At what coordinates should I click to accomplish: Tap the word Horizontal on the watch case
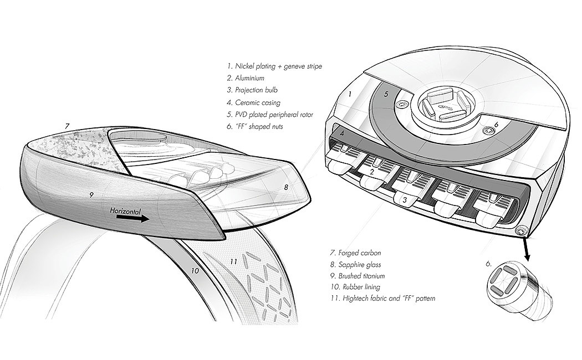[x=125, y=211]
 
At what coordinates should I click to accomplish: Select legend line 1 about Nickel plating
[x=275, y=66]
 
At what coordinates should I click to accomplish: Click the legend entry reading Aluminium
[x=246, y=78]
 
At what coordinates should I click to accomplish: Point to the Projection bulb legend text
[x=252, y=90]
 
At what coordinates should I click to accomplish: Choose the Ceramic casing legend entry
[x=254, y=102]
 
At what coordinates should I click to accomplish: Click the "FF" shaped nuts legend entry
[x=255, y=126]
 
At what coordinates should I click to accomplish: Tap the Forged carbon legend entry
[x=356, y=253]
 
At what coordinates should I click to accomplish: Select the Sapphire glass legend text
[x=356, y=265]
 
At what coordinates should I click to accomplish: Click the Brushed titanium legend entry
[x=358, y=276]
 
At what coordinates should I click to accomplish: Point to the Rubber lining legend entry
[x=355, y=287]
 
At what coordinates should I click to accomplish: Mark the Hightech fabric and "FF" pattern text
[x=382, y=298]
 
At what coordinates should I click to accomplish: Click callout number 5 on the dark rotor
[x=386, y=94]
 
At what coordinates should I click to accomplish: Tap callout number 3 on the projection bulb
[x=405, y=199]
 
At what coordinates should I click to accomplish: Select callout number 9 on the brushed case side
[x=91, y=194]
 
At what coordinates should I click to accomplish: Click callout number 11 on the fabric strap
[x=233, y=262]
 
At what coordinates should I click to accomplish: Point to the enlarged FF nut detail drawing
[x=520, y=293]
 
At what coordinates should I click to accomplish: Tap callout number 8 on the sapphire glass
[x=286, y=187]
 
